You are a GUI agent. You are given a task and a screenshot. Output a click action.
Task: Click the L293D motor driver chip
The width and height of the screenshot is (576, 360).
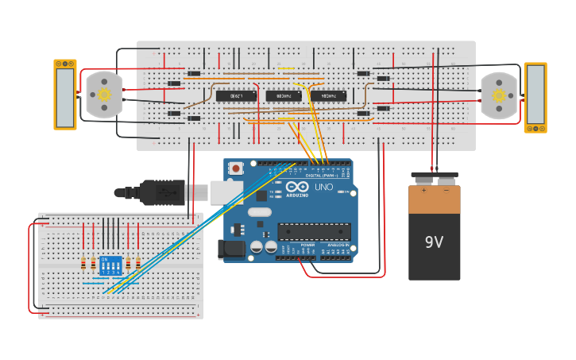tap(236, 96)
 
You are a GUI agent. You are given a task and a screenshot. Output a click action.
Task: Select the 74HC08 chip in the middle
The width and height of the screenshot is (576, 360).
tap(283, 96)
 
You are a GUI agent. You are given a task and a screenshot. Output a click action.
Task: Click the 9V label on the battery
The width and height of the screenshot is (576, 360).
tap(434, 242)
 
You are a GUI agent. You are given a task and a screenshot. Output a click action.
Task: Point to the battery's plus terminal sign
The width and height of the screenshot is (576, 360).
tap(423, 191)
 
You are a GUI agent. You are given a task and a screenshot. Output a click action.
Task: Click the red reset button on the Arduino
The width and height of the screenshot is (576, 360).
tap(236, 168)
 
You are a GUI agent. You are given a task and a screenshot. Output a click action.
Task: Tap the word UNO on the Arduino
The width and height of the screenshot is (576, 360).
tap(324, 188)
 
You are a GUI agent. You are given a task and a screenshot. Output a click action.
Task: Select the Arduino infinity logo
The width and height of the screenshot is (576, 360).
tap(297, 187)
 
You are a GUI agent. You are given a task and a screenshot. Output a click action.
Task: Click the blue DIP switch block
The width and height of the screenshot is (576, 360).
tap(110, 265)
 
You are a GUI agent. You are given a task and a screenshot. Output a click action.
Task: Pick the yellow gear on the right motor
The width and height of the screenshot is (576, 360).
tap(498, 95)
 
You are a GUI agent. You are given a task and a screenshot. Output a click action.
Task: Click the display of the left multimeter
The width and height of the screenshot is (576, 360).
tap(65, 95)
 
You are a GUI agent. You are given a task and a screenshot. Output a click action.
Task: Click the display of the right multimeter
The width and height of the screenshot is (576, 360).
tap(535, 95)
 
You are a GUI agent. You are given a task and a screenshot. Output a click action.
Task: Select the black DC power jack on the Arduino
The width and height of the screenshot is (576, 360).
tap(231, 250)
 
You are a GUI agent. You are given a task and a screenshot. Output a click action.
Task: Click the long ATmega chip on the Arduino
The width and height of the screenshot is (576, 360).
tap(314, 231)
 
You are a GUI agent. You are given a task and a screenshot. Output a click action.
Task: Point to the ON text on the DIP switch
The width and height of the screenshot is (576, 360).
tap(105, 259)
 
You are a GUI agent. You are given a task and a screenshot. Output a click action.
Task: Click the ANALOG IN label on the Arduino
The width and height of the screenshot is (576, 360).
tap(337, 245)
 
